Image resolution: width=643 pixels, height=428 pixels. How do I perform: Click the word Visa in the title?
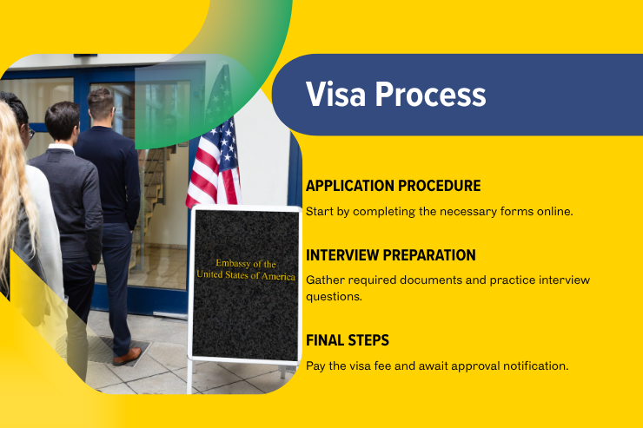point(335,95)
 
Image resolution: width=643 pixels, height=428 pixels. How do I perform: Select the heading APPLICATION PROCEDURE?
point(393,186)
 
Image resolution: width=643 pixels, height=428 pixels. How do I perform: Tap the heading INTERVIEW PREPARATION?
point(391,255)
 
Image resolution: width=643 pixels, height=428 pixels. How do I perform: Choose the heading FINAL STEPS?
point(347,339)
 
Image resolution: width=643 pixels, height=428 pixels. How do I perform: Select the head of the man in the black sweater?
point(101,105)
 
